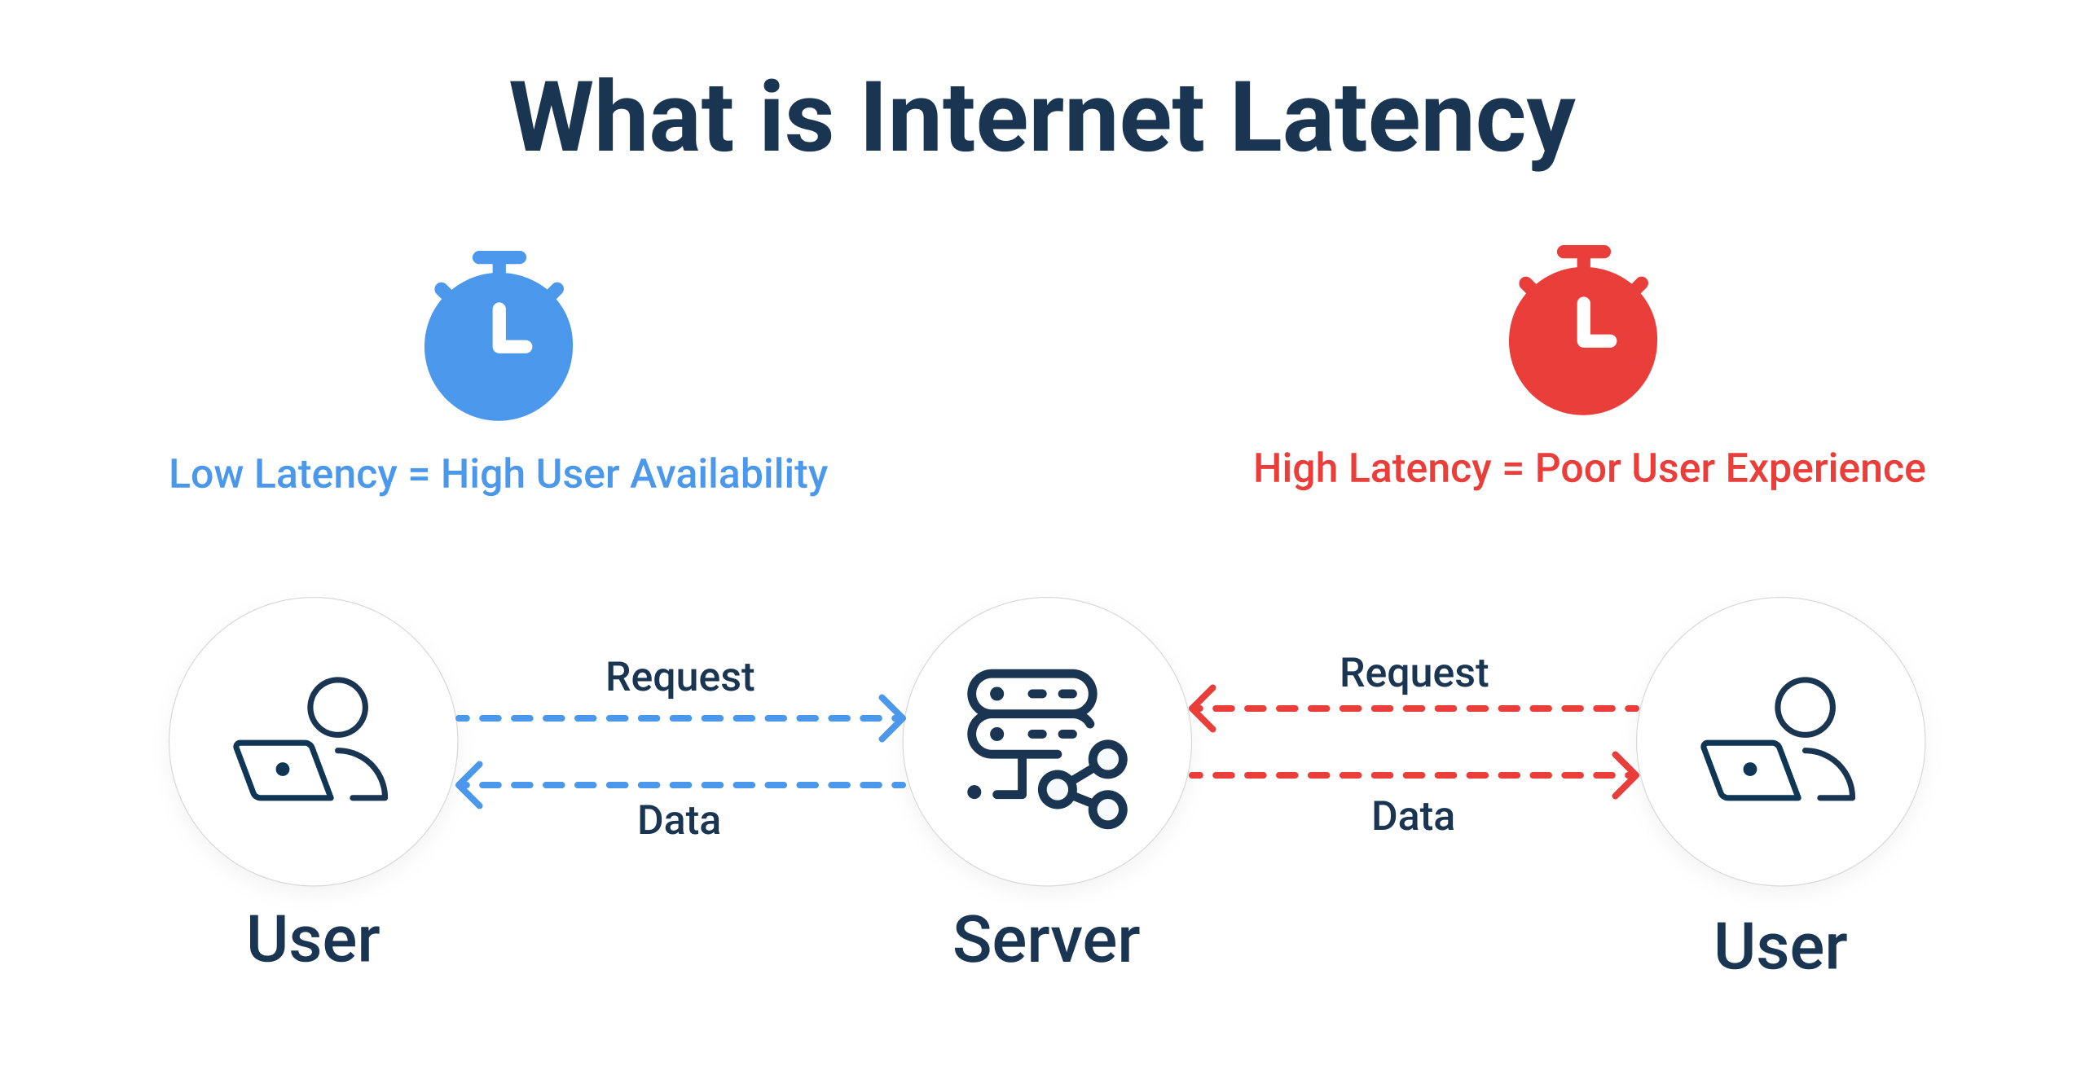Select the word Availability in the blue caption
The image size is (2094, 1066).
[729, 475]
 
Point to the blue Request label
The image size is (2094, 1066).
[680, 677]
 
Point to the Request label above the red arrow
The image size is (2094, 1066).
[1414, 673]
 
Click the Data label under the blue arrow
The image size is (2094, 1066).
[679, 820]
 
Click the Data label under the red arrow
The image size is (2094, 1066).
[1413, 816]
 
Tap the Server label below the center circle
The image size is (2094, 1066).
[1046, 941]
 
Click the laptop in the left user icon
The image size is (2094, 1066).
[281, 770]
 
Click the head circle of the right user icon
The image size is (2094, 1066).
[1805, 707]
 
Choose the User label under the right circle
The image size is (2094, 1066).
[1781, 946]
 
